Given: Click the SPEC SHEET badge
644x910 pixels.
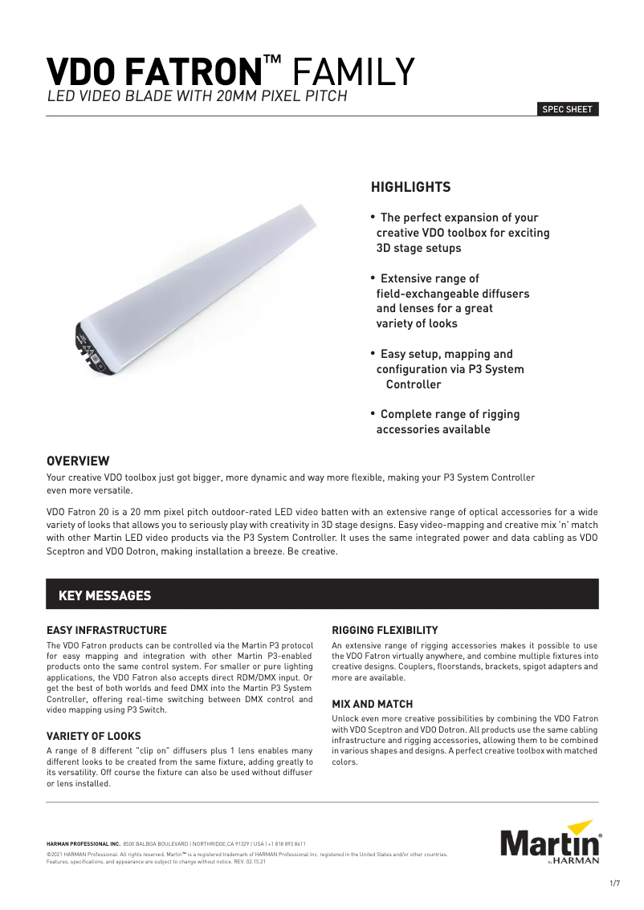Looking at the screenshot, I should (568, 110).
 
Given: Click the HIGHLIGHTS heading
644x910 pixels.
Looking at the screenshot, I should (410, 188).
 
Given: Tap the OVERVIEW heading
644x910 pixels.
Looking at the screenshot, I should (78, 461).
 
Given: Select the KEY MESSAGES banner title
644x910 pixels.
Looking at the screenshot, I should (105, 595).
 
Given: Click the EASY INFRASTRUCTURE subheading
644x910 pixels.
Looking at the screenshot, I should (107, 630).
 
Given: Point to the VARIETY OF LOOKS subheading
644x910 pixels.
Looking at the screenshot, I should (94, 736).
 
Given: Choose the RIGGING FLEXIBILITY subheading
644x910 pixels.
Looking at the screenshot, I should (385, 630).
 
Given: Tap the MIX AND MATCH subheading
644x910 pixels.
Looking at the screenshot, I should (373, 704).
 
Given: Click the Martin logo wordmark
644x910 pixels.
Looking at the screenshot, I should (549, 846).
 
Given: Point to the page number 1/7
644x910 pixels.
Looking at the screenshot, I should (615, 884).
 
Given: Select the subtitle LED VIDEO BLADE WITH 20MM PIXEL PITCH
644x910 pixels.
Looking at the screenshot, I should (197, 97).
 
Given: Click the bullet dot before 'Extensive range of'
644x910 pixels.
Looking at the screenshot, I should (373, 278).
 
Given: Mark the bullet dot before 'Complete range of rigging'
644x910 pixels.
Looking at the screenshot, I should (373, 413).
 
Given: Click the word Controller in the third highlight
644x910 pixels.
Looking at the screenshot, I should (414, 384).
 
